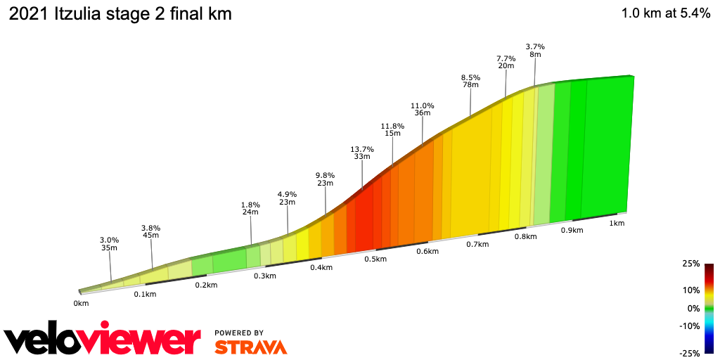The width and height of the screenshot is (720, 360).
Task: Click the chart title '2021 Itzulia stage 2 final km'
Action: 120,13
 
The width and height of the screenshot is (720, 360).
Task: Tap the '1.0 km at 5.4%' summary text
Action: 665,13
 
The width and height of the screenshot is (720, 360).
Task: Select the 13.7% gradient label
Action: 362,150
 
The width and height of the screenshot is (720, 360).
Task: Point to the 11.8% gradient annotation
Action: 392,127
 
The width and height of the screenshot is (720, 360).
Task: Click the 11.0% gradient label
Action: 423,106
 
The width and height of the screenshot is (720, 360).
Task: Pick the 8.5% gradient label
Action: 470,78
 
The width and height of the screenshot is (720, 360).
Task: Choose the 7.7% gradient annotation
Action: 506,58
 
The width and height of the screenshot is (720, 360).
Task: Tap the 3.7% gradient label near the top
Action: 535,47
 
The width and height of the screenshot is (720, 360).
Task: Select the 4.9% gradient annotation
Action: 287,195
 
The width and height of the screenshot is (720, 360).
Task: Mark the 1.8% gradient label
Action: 251,205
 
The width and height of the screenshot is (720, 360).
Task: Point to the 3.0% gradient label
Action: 110,240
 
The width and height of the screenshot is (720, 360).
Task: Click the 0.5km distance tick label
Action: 375,259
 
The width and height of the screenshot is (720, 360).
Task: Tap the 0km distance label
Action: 81,304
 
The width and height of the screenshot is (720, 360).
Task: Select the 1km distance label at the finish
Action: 617,224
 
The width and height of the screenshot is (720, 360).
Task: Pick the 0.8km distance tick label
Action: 525,237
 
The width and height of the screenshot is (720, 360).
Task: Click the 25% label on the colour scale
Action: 691,264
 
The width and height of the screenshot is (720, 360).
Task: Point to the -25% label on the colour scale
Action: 690,353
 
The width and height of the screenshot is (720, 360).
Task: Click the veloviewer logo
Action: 103,340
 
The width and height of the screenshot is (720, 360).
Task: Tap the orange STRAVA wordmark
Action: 250,347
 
